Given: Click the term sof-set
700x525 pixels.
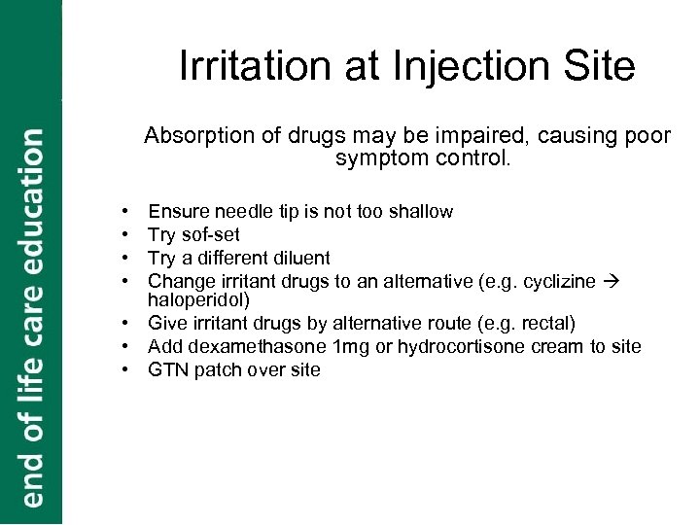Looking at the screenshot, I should point(208,234).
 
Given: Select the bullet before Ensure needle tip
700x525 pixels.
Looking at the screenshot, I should point(126,211).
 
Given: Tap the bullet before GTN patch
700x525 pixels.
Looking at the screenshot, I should point(126,369).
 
